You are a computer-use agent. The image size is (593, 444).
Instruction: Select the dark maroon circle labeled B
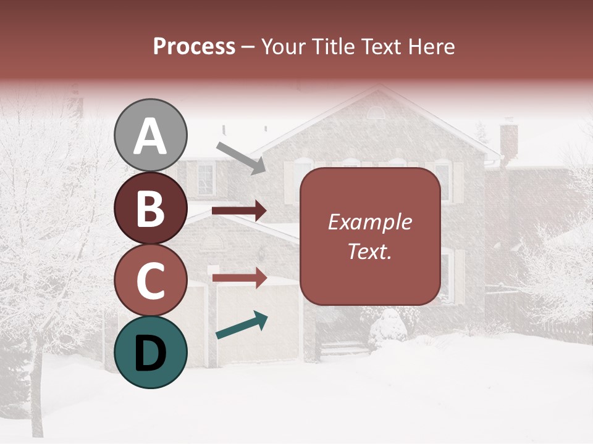(x=151, y=208)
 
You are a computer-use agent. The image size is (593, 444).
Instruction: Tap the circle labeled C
(x=151, y=281)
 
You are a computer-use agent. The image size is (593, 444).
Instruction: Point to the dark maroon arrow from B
(x=239, y=211)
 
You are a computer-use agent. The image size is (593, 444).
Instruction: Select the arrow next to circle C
(x=239, y=277)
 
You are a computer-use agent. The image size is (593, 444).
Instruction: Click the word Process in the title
(x=194, y=46)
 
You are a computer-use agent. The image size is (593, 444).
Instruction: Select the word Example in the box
(x=369, y=222)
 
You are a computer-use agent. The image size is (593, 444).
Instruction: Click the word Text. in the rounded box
(x=369, y=252)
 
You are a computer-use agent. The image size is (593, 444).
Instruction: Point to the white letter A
(x=151, y=136)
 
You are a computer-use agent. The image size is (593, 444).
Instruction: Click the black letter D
(x=151, y=352)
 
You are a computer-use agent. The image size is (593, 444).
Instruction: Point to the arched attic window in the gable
(x=376, y=113)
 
